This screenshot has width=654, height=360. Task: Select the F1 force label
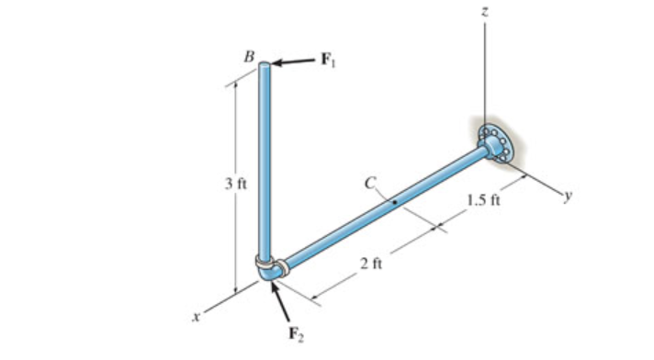pyautogui.click(x=328, y=61)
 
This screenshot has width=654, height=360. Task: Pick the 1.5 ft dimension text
pyautogui.click(x=481, y=201)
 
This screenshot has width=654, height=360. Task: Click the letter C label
pyautogui.click(x=369, y=184)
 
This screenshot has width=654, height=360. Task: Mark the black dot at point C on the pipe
pyautogui.click(x=393, y=202)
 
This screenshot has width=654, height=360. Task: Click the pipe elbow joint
pyautogui.click(x=270, y=270)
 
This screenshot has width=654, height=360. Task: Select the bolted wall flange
pyautogui.click(x=495, y=143)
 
